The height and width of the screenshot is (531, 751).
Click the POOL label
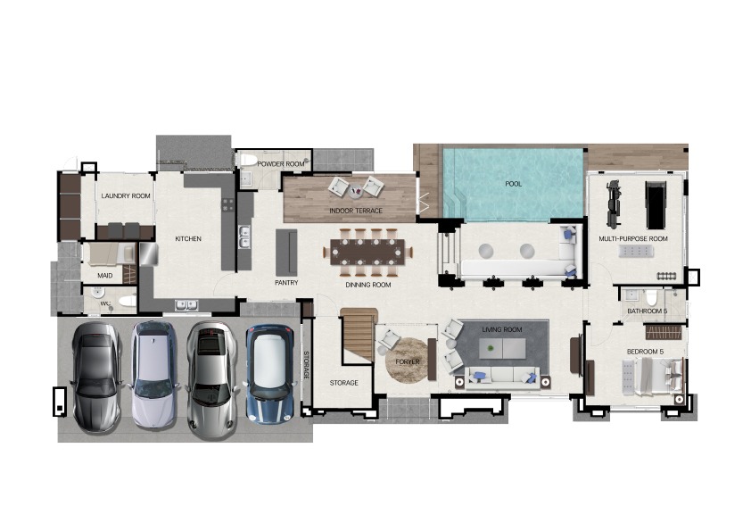[513, 184]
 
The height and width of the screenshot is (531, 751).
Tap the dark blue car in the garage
[269, 374]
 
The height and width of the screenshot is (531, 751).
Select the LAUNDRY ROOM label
[126, 196]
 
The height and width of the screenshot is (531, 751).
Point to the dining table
[367, 252]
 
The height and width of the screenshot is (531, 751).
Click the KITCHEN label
[188, 238]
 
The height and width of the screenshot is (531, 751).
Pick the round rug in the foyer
[407, 361]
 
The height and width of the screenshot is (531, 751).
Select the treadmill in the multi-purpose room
[656, 205]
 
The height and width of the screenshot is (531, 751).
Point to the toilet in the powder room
[249, 160]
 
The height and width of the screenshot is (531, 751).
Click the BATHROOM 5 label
[647, 311]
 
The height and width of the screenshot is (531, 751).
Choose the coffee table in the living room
[502, 348]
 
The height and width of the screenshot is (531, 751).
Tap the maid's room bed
[110, 253]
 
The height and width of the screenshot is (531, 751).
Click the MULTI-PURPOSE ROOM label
[633, 238]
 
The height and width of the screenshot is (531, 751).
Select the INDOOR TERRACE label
[356, 211]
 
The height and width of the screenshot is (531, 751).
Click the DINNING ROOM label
[368, 285]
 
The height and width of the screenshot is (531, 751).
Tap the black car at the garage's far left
[96, 377]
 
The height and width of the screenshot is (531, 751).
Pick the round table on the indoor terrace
[355, 192]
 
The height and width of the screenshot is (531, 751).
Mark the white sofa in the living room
[501, 375]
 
